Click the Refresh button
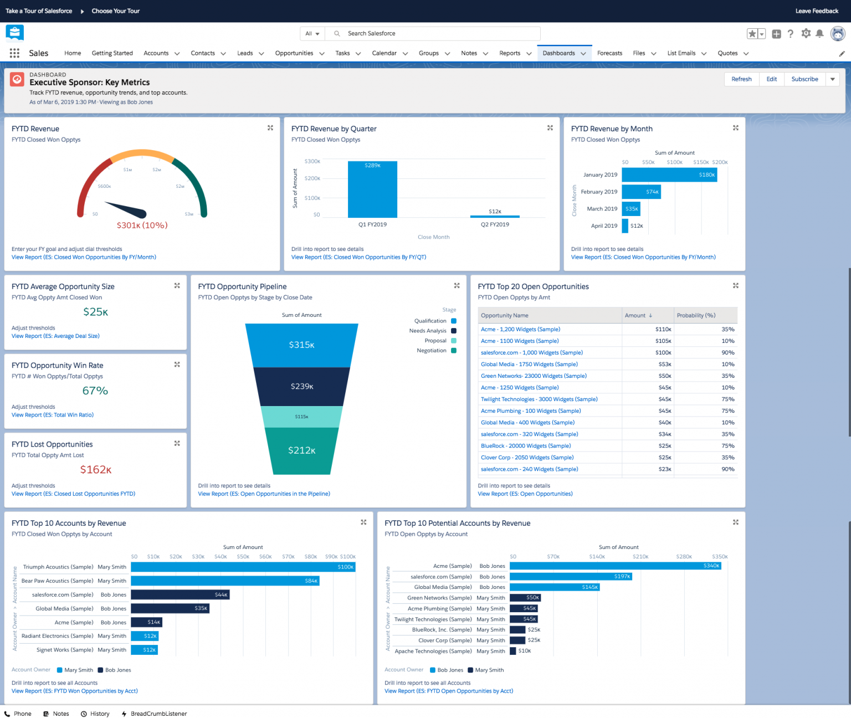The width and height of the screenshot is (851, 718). point(741,79)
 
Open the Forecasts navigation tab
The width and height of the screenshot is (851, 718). point(609,53)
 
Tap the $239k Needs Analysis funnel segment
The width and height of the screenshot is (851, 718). point(302,386)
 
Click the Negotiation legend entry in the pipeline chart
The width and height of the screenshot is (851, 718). point(435,351)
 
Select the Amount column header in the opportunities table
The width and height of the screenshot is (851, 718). point(635,316)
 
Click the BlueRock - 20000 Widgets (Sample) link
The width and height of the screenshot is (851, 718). point(526,446)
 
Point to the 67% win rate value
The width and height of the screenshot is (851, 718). point(95,391)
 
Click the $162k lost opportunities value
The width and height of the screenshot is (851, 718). point(96,470)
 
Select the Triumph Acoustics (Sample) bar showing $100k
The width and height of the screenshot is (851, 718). point(243,567)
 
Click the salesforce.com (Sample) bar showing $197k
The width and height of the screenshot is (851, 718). point(571,577)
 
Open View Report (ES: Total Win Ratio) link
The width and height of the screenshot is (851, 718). point(53,415)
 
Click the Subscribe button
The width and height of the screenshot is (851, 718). point(804,79)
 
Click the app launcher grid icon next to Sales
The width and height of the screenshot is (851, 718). point(14,53)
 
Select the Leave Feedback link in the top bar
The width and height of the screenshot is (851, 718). point(817,11)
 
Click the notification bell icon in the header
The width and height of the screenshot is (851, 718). point(819,34)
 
